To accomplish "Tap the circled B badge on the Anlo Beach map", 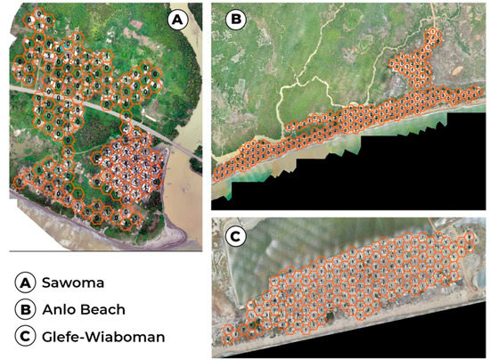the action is coord(237,19).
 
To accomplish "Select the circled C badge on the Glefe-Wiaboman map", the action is coord(237,236).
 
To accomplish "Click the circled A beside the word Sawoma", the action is coord(24,282).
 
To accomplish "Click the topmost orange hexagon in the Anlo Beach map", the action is coord(432,36).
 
